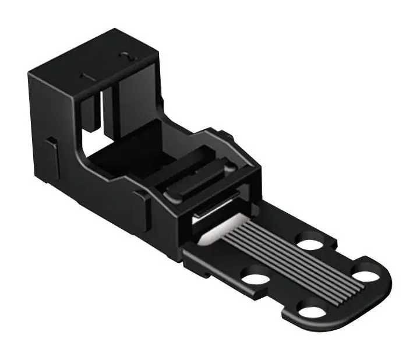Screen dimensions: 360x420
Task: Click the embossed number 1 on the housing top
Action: tap(83, 76)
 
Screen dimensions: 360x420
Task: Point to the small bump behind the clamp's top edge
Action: tap(227, 137)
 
